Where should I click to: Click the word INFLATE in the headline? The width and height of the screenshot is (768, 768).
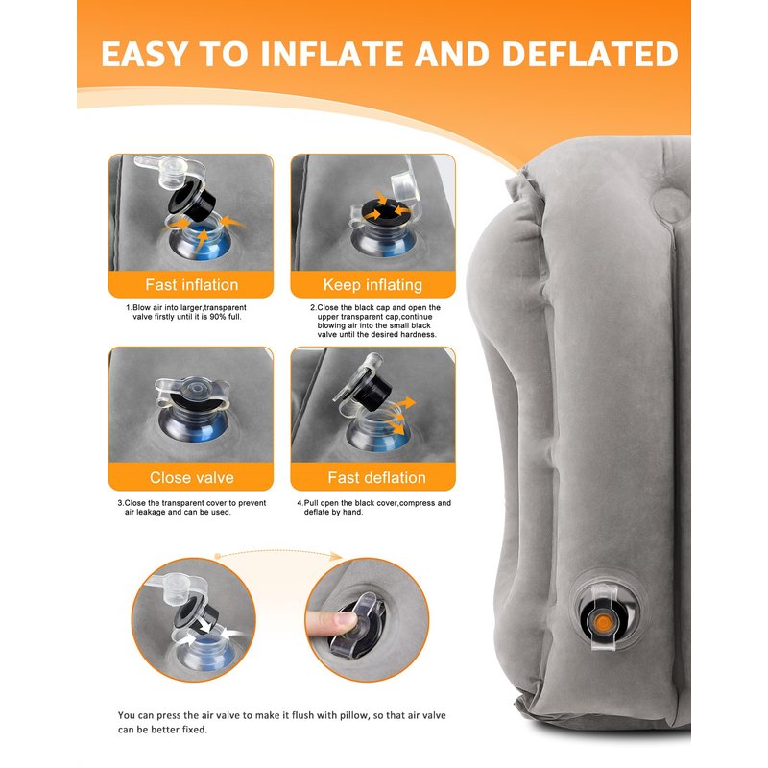point(334,54)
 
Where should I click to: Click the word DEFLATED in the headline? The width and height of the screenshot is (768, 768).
point(590,54)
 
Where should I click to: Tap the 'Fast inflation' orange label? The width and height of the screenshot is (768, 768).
point(191,284)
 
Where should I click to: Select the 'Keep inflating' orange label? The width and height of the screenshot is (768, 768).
point(372,284)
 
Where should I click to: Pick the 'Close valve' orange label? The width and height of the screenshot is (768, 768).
point(191,477)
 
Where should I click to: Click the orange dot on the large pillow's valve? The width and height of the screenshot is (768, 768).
point(604,622)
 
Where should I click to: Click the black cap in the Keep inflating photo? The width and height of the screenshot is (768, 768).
point(387,211)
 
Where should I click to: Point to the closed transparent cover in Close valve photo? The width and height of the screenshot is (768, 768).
point(193,393)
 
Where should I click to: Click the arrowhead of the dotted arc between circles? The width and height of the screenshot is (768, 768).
point(337,556)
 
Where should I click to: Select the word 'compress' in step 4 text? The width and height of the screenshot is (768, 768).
point(418,503)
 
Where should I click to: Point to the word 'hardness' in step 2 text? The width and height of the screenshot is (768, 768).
point(419,334)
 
